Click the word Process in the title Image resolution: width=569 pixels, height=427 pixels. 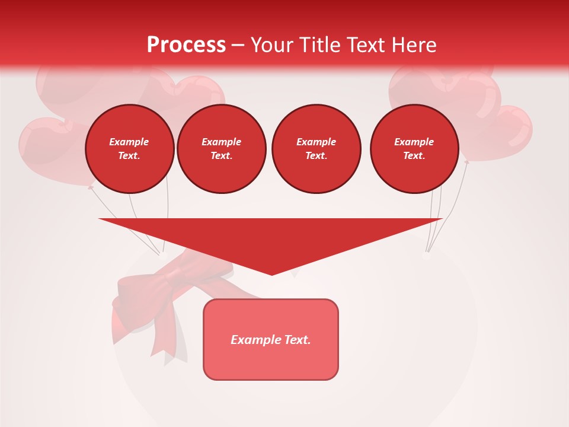[186, 45]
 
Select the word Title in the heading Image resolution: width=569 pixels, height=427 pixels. [319, 45]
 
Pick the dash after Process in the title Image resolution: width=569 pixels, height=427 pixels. [238, 46]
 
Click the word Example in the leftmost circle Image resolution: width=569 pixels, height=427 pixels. [129, 142]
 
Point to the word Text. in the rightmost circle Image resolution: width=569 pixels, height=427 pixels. [414, 155]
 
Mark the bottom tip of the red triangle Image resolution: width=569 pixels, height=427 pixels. [271, 274]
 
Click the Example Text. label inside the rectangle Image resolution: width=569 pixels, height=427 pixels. [271, 340]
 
